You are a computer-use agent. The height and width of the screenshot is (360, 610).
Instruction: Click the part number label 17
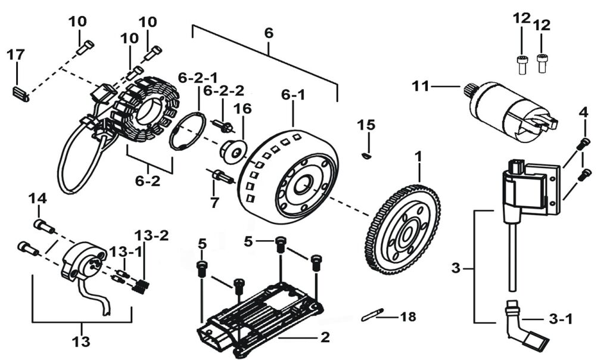point(15,55)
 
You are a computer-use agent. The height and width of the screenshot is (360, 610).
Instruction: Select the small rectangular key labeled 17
point(20,94)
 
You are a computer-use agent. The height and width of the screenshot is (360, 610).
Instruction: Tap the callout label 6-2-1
point(198,77)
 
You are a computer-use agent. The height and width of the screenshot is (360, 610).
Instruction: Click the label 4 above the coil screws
point(584,112)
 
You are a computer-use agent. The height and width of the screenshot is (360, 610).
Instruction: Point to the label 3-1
point(560,319)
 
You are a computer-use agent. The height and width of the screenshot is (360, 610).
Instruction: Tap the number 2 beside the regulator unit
point(324,337)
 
